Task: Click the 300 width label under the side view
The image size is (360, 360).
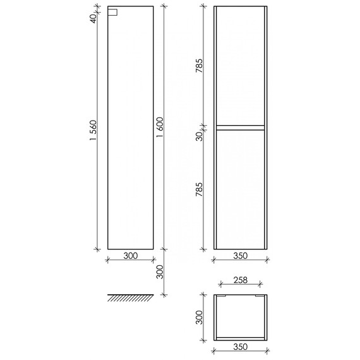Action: click(130, 256)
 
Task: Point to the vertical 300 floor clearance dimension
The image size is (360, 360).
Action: click(160, 272)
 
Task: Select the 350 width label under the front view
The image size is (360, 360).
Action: click(241, 256)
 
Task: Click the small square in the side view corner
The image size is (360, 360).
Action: click(113, 11)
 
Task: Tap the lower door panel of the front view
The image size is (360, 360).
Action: click(241, 189)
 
